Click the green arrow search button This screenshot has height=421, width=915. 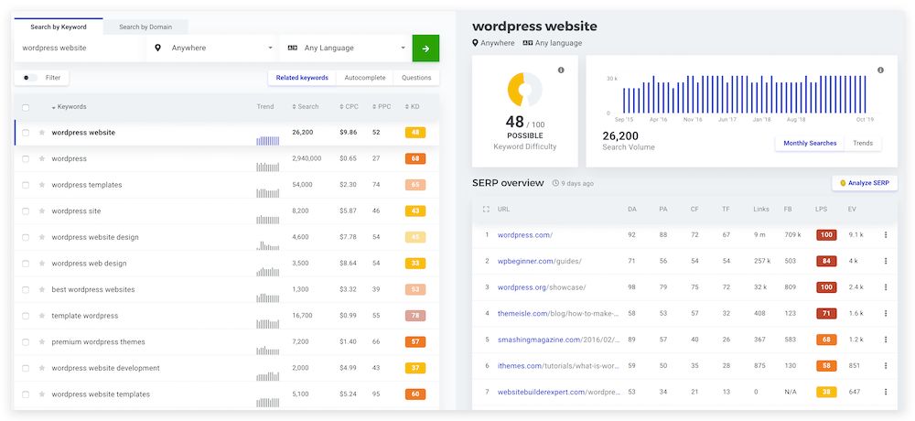(425, 49)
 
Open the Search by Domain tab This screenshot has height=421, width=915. (145, 27)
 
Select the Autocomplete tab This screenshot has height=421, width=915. (365, 78)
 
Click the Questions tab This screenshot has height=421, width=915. (416, 78)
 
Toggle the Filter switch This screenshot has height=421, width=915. (30, 78)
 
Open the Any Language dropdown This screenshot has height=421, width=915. (348, 49)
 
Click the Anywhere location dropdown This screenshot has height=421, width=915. (215, 49)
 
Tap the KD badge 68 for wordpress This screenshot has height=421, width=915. (415, 158)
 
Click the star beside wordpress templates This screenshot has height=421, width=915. (42, 185)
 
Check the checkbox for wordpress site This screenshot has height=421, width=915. (26, 211)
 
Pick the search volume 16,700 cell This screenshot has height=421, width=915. (305, 316)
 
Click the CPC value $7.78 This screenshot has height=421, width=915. (348, 237)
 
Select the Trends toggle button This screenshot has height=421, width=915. (863, 144)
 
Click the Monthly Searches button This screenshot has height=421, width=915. (810, 144)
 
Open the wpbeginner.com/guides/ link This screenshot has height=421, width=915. (539, 261)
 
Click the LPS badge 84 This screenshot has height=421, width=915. (826, 261)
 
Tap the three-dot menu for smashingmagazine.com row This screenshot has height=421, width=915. (885, 340)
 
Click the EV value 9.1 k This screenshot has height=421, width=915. (856, 235)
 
